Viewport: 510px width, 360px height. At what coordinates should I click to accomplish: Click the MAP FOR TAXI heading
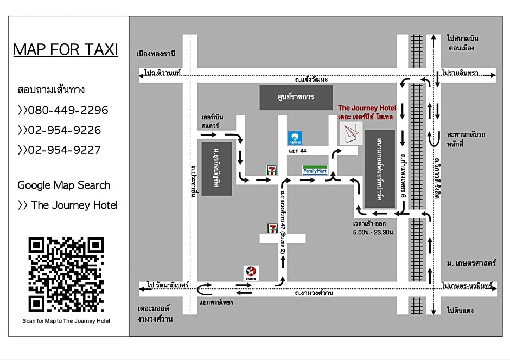tap(65, 50)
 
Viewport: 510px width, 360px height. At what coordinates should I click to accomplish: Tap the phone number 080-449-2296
tap(63, 110)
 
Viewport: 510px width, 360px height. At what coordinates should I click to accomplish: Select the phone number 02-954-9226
tap(60, 130)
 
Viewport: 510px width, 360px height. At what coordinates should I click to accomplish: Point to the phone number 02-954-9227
tap(60, 150)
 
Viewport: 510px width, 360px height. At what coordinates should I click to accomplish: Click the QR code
tap(66, 274)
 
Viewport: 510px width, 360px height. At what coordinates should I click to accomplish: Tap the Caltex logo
tap(251, 272)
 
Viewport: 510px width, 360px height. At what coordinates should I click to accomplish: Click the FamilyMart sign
tap(315, 170)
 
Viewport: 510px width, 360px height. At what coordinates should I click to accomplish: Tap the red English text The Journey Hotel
tap(367, 108)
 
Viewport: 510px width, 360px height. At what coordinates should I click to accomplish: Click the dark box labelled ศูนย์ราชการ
tap(296, 98)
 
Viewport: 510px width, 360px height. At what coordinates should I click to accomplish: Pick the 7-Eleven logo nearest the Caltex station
tap(272, 228)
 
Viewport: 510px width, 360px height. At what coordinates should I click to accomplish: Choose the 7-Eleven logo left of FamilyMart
tap(271, 170)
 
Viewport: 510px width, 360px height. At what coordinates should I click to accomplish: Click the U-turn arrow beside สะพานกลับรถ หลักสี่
tap(435, 139)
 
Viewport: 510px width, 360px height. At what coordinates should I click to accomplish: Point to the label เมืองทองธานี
tap(156, 54)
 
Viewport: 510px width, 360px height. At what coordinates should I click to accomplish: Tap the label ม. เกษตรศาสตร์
tap(471, 263)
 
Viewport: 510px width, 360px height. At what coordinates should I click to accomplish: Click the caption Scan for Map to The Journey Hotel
tap(66, 321)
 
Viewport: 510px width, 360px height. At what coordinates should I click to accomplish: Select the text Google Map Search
tap(63, 185)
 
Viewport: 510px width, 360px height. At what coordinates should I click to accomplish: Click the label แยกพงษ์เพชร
tap(216, 302)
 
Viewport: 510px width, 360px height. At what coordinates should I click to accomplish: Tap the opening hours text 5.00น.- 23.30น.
tap(373, 232)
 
